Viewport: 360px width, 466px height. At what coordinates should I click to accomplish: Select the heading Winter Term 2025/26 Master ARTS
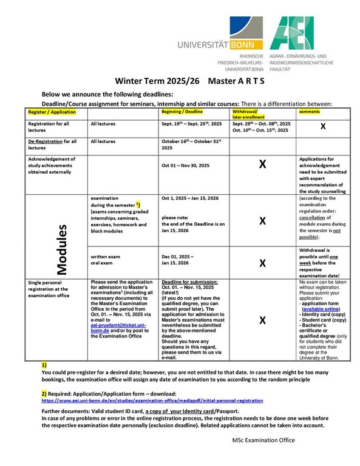(x=180, y=81)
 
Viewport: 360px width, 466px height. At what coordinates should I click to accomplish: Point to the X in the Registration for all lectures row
(x=323, y=126)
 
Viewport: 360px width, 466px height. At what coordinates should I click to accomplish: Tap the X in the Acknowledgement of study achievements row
(x=262, y=164)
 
